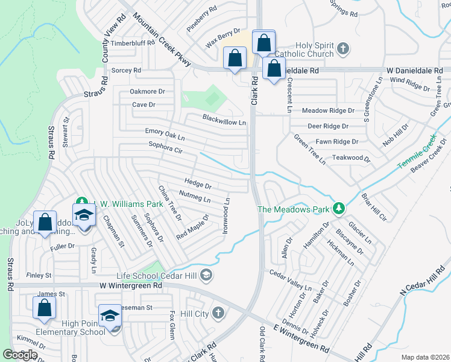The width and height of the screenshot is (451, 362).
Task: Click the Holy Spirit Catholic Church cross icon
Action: [342, 48]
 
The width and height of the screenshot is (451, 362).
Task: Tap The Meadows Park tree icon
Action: [339, 209]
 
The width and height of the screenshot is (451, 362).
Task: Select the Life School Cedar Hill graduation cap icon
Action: [206, 276]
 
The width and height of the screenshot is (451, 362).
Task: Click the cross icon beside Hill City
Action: [218, 313]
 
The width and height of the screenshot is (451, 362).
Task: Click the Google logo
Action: [20, 355]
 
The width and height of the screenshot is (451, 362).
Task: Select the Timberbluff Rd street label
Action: [133, 43]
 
